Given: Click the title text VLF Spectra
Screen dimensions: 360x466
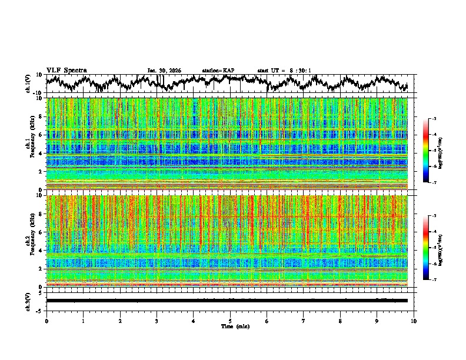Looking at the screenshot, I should click(66, 71).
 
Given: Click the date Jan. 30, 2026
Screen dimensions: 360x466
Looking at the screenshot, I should click(164, 71).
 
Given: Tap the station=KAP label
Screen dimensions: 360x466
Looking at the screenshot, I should click(218, 71).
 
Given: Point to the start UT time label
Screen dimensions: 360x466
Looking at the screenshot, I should click(284, 71).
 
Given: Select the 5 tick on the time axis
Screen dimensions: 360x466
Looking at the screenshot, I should click(230, 321).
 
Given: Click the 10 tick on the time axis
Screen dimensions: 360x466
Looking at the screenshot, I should click(414, 321).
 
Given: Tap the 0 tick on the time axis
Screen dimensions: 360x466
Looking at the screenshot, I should click(46, 321).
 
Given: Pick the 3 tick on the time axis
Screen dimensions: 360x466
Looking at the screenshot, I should click(157, 321).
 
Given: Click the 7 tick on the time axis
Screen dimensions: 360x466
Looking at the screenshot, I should click(304, 321).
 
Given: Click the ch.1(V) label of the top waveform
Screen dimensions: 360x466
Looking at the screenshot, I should click(28, 84).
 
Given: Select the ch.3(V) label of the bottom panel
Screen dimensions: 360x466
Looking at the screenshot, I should click(28, 301).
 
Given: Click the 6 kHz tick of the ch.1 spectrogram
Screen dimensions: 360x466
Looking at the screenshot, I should click(42, 135).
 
